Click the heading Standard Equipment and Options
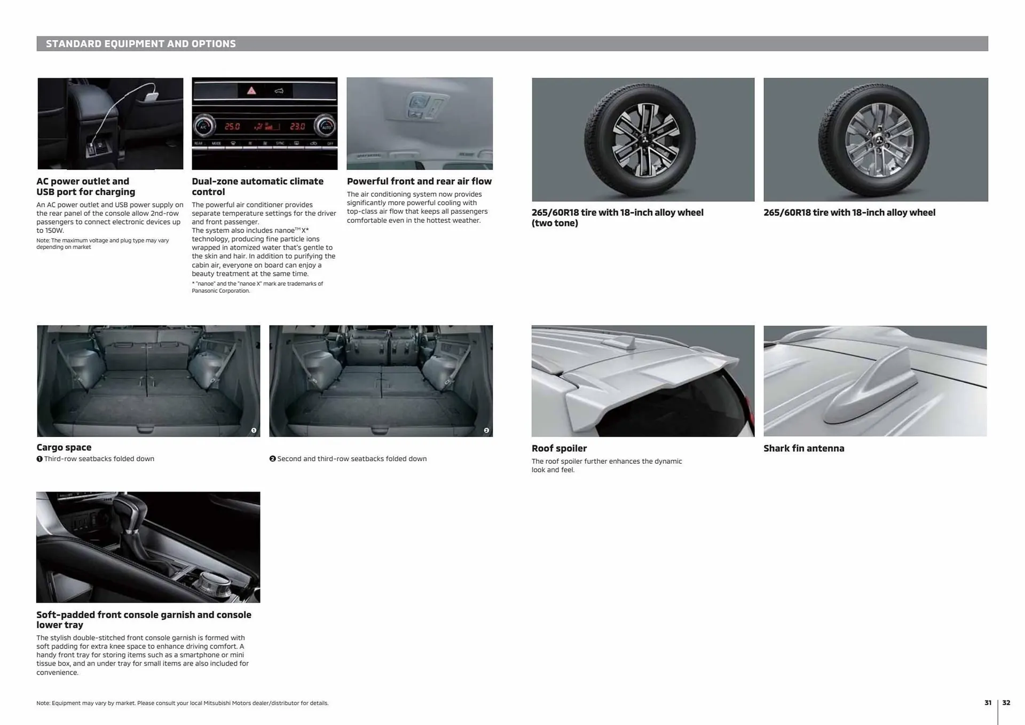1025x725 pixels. pyautogui.click(x=140, y=44)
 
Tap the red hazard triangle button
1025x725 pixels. pyautogui.click(x=251, y=91)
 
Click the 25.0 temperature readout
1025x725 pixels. pyautogui.click(x=232, y=127)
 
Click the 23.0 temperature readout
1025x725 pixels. pyautogui.click(x=297, y=127)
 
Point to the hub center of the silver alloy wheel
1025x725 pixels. pyautogui.click(x=876, y=141)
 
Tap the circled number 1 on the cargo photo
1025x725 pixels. pyautogui.click(x=254, y=430)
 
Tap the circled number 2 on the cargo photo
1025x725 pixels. pyautogui.click(x=486, y=430)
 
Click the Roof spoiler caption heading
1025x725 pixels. pyautogui.click(x=558, y=448)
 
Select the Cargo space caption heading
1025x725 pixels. pyautogui.click(x=64, y=447)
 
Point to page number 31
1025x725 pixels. pyautogui.click(x=988, y=703)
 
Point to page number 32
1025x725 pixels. pyautogui.click(x=1006, y=703)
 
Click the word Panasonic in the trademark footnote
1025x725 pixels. pyautogui.click(x=204, y=291)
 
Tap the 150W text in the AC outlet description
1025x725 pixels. pyautogui.click(x=54, y=230)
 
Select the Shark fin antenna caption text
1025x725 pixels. pyautogui.click(x=803, y=448)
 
